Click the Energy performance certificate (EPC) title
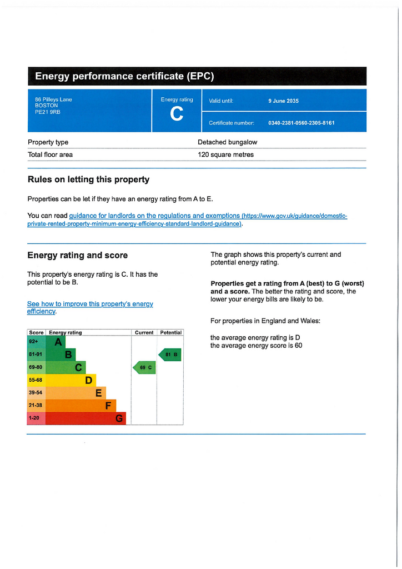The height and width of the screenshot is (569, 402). click(124, 76)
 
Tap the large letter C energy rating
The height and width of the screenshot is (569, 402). click(177, 114)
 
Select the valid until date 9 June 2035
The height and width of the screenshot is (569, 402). click(283, 101)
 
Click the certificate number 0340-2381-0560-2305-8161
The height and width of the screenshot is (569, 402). click(301, 123)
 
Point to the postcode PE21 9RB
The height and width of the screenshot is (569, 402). click(48, 112)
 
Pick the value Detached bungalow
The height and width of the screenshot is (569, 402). click(227, 142)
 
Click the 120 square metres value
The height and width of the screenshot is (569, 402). click(225, 154)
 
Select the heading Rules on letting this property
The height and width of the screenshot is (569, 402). click(88, 179)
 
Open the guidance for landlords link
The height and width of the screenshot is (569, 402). click(154, 216)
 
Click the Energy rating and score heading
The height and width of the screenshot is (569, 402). click(77, 256)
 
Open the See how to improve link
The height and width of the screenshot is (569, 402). click(90, 304)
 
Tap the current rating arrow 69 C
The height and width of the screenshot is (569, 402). click(144, 367)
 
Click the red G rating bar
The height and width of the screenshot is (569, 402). click(86, 418)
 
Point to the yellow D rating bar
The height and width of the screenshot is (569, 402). click(71, 380)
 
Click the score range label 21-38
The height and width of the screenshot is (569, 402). click(36, 406)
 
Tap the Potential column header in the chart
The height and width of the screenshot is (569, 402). click(170, 332)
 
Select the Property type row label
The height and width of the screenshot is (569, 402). click(48, 142)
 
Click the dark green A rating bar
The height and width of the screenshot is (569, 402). click(55, 342)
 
